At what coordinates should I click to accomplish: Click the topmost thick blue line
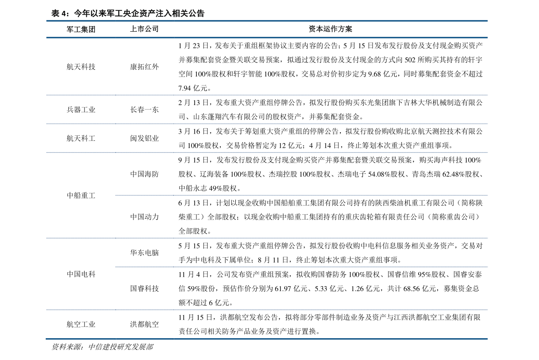[267, 21]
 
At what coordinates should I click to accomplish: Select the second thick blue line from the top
[267, 38]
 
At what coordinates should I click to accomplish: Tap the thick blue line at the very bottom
[267, 339]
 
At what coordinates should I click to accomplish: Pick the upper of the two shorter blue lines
[301, 195]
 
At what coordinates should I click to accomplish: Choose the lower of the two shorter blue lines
[301, 267]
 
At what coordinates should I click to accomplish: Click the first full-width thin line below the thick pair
[267, 95]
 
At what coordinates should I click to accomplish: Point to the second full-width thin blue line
[267, 124]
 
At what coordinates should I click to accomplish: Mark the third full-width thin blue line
[267, 153]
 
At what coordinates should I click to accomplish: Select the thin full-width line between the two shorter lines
[267, 238]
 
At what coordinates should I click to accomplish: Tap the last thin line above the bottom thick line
[267, 310]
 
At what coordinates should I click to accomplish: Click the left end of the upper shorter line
[117, 195]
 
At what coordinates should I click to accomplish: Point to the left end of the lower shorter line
[117, 267]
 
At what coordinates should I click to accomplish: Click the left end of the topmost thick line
[47, 21]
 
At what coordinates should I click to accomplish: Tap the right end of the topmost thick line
[487, 21]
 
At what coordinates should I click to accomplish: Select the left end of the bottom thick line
[47, 339]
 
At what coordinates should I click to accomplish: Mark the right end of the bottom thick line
[487, 339]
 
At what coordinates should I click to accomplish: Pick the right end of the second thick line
[487, 38]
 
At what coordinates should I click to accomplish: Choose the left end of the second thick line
[47, 38]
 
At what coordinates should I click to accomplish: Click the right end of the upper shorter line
[487, 195]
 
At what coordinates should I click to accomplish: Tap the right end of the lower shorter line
[487, 267]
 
